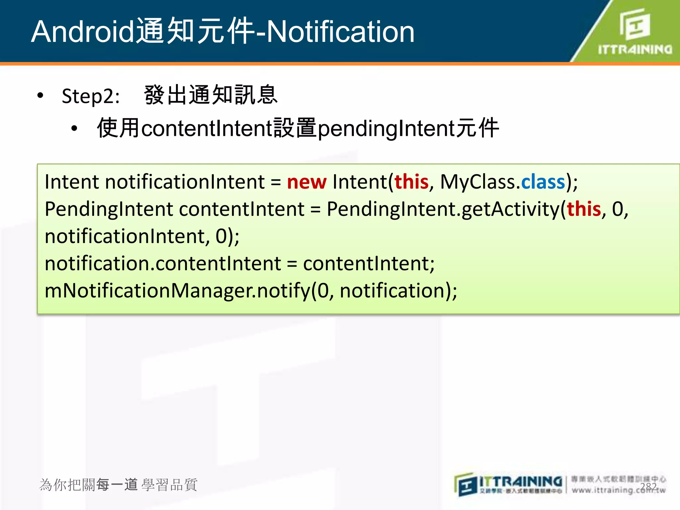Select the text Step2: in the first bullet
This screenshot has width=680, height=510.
tap(91, 96)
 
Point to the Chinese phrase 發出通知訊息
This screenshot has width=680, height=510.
tap(211, 95)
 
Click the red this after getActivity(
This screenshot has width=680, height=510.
tap(584, 209)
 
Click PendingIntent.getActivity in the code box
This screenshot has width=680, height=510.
tap(443, 209)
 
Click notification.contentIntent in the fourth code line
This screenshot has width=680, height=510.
tap(163, 264)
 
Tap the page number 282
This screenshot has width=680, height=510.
tap(648, 487)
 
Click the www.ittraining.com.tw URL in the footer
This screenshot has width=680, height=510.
tap(618, 490)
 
